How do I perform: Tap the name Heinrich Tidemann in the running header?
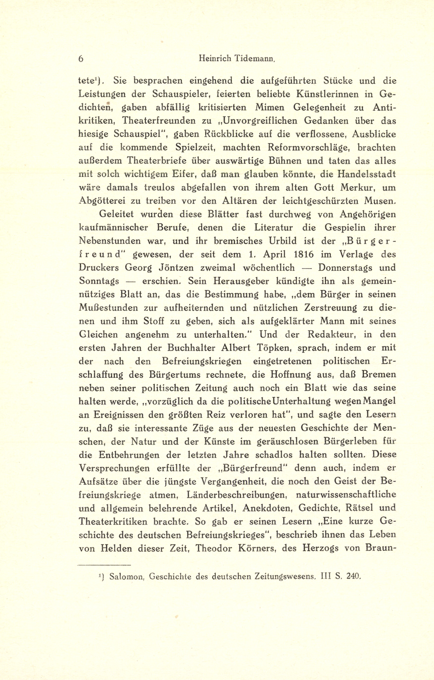237,59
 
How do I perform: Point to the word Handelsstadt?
366,174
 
